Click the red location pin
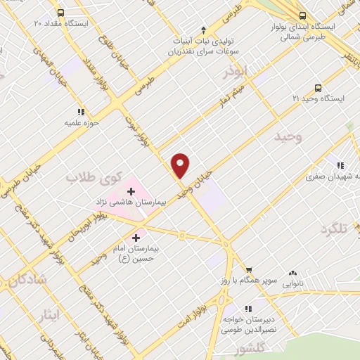click(x=181, y=165)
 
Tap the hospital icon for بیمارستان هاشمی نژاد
click(x=131, y=190)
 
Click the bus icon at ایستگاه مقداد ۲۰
click(x=61, y=13)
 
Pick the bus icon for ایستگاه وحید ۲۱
click(x=319, y=88)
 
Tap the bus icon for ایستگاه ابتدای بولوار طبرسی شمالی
click(x=303, y=15)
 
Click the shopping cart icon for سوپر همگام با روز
click(x=248, y=269)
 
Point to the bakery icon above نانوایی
click(x=292, y=273)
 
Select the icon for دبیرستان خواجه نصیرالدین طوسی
click(x=247, y=308)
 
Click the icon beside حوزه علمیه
click(x=81, y=111)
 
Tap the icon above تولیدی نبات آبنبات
click(x=204, y=30)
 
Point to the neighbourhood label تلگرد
click(x=335, y=230)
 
